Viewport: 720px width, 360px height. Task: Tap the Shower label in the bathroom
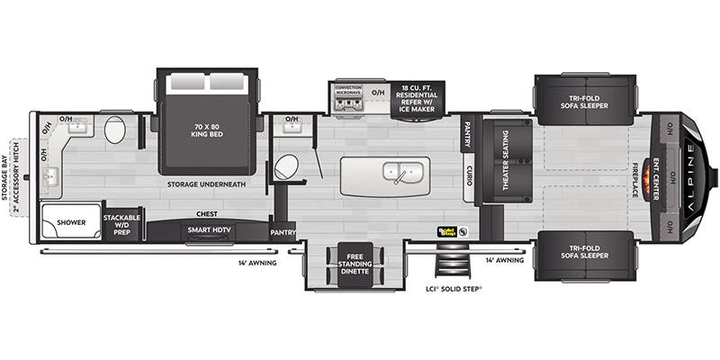tap(70, 221)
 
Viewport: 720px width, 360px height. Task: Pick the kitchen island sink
tap(397, 171)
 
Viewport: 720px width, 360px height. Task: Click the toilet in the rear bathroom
tap(114, 130)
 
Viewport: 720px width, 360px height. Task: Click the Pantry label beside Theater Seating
tap(468, 135)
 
